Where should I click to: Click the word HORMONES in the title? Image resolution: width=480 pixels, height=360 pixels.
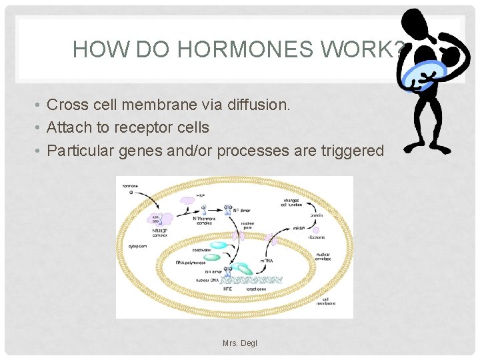[x=227, y=49]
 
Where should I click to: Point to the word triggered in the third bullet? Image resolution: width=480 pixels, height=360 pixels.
[x=351, y=151]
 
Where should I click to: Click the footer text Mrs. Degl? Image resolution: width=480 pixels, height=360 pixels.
[x=240, y=343]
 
